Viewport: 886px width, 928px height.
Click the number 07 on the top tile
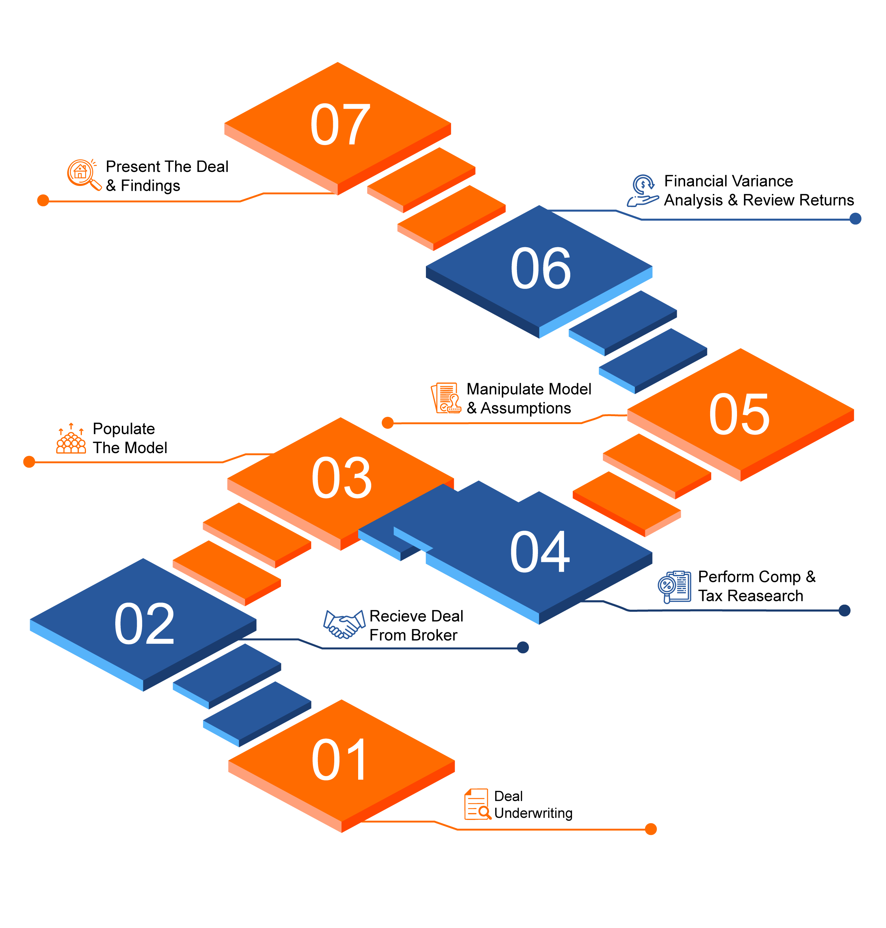pos(340,125)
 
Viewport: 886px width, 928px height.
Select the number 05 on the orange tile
pos(739,414)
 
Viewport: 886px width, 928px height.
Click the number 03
pos(341,478)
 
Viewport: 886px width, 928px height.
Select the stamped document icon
pos(446,398)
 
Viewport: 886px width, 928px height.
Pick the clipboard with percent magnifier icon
pos(674,587)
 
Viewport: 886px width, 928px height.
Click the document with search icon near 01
pos(477,804)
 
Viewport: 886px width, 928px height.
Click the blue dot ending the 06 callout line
pos(855,219)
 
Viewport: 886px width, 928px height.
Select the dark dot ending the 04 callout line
pos(844,611)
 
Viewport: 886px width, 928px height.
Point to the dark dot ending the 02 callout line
pos(523,647)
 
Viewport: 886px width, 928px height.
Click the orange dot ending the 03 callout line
pos(29,462)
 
